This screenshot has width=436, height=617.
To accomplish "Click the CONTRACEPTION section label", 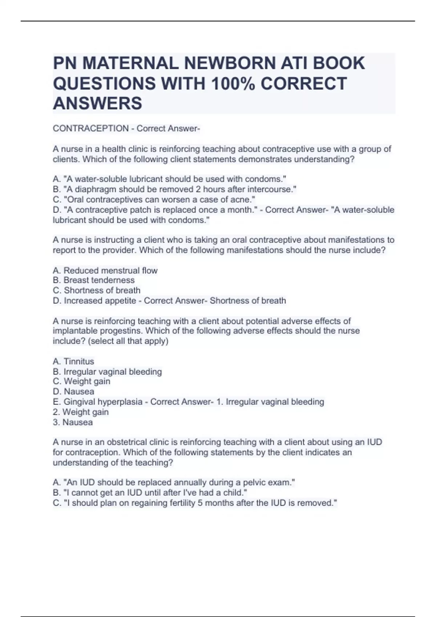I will pos(91,128).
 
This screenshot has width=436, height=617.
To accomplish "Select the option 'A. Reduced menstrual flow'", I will pos(105,270).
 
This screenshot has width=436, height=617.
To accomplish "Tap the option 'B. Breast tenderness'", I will pos(93,280).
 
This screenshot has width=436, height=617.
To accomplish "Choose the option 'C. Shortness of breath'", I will pos(96,290).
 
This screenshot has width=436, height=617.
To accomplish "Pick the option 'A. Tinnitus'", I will pos(73,361).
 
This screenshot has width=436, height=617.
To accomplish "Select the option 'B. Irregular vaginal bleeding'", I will pos(107,372).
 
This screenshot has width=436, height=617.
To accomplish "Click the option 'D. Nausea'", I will pos(73,392).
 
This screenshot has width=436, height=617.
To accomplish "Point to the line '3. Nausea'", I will pos(73,422).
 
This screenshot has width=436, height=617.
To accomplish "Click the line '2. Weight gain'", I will pos(81,412).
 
